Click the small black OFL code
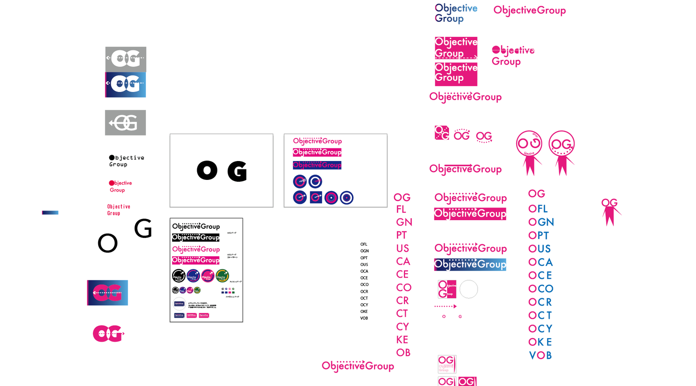[363, 244]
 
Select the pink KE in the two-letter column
[402, 340]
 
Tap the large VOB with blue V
[540, 356]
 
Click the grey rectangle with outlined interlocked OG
[125, 123]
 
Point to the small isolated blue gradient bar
[50, 212]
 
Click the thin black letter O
[107, 243]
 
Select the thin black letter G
[143, 228]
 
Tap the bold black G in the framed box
[237, 171]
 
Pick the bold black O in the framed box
[207, 170]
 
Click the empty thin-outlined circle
[468, 289]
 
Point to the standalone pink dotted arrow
[445, 306]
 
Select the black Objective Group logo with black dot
[126, 161]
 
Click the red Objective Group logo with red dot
[120, 186]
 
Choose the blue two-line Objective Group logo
[455, 13]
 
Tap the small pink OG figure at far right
[610, 211]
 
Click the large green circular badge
[222, 276]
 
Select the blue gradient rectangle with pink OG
[107, 293]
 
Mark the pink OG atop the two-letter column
[402, 197]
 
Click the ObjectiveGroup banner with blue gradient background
[470, 265]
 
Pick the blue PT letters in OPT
[543, 236]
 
